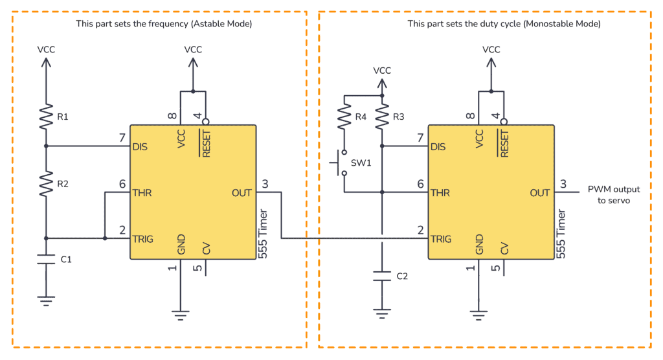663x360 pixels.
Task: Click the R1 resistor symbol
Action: tap(45, 117)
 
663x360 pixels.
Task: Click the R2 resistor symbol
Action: tap(45, 184)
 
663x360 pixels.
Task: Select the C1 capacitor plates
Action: tap(45, 260)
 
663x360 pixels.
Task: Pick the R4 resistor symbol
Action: tap(344, 117)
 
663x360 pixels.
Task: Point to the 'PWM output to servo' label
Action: tap(613, 195)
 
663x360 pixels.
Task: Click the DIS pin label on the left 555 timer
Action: tap(140, 146)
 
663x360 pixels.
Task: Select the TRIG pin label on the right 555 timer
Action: tap(442, 238)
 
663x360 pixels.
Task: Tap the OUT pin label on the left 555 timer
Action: tap(242, 192)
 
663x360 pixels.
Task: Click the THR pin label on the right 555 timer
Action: tap(440, 192)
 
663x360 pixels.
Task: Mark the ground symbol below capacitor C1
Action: tap(45, 300)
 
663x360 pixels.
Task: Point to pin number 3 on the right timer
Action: tap(563, 184)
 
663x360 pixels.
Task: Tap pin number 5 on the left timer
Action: tap(199, 267)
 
